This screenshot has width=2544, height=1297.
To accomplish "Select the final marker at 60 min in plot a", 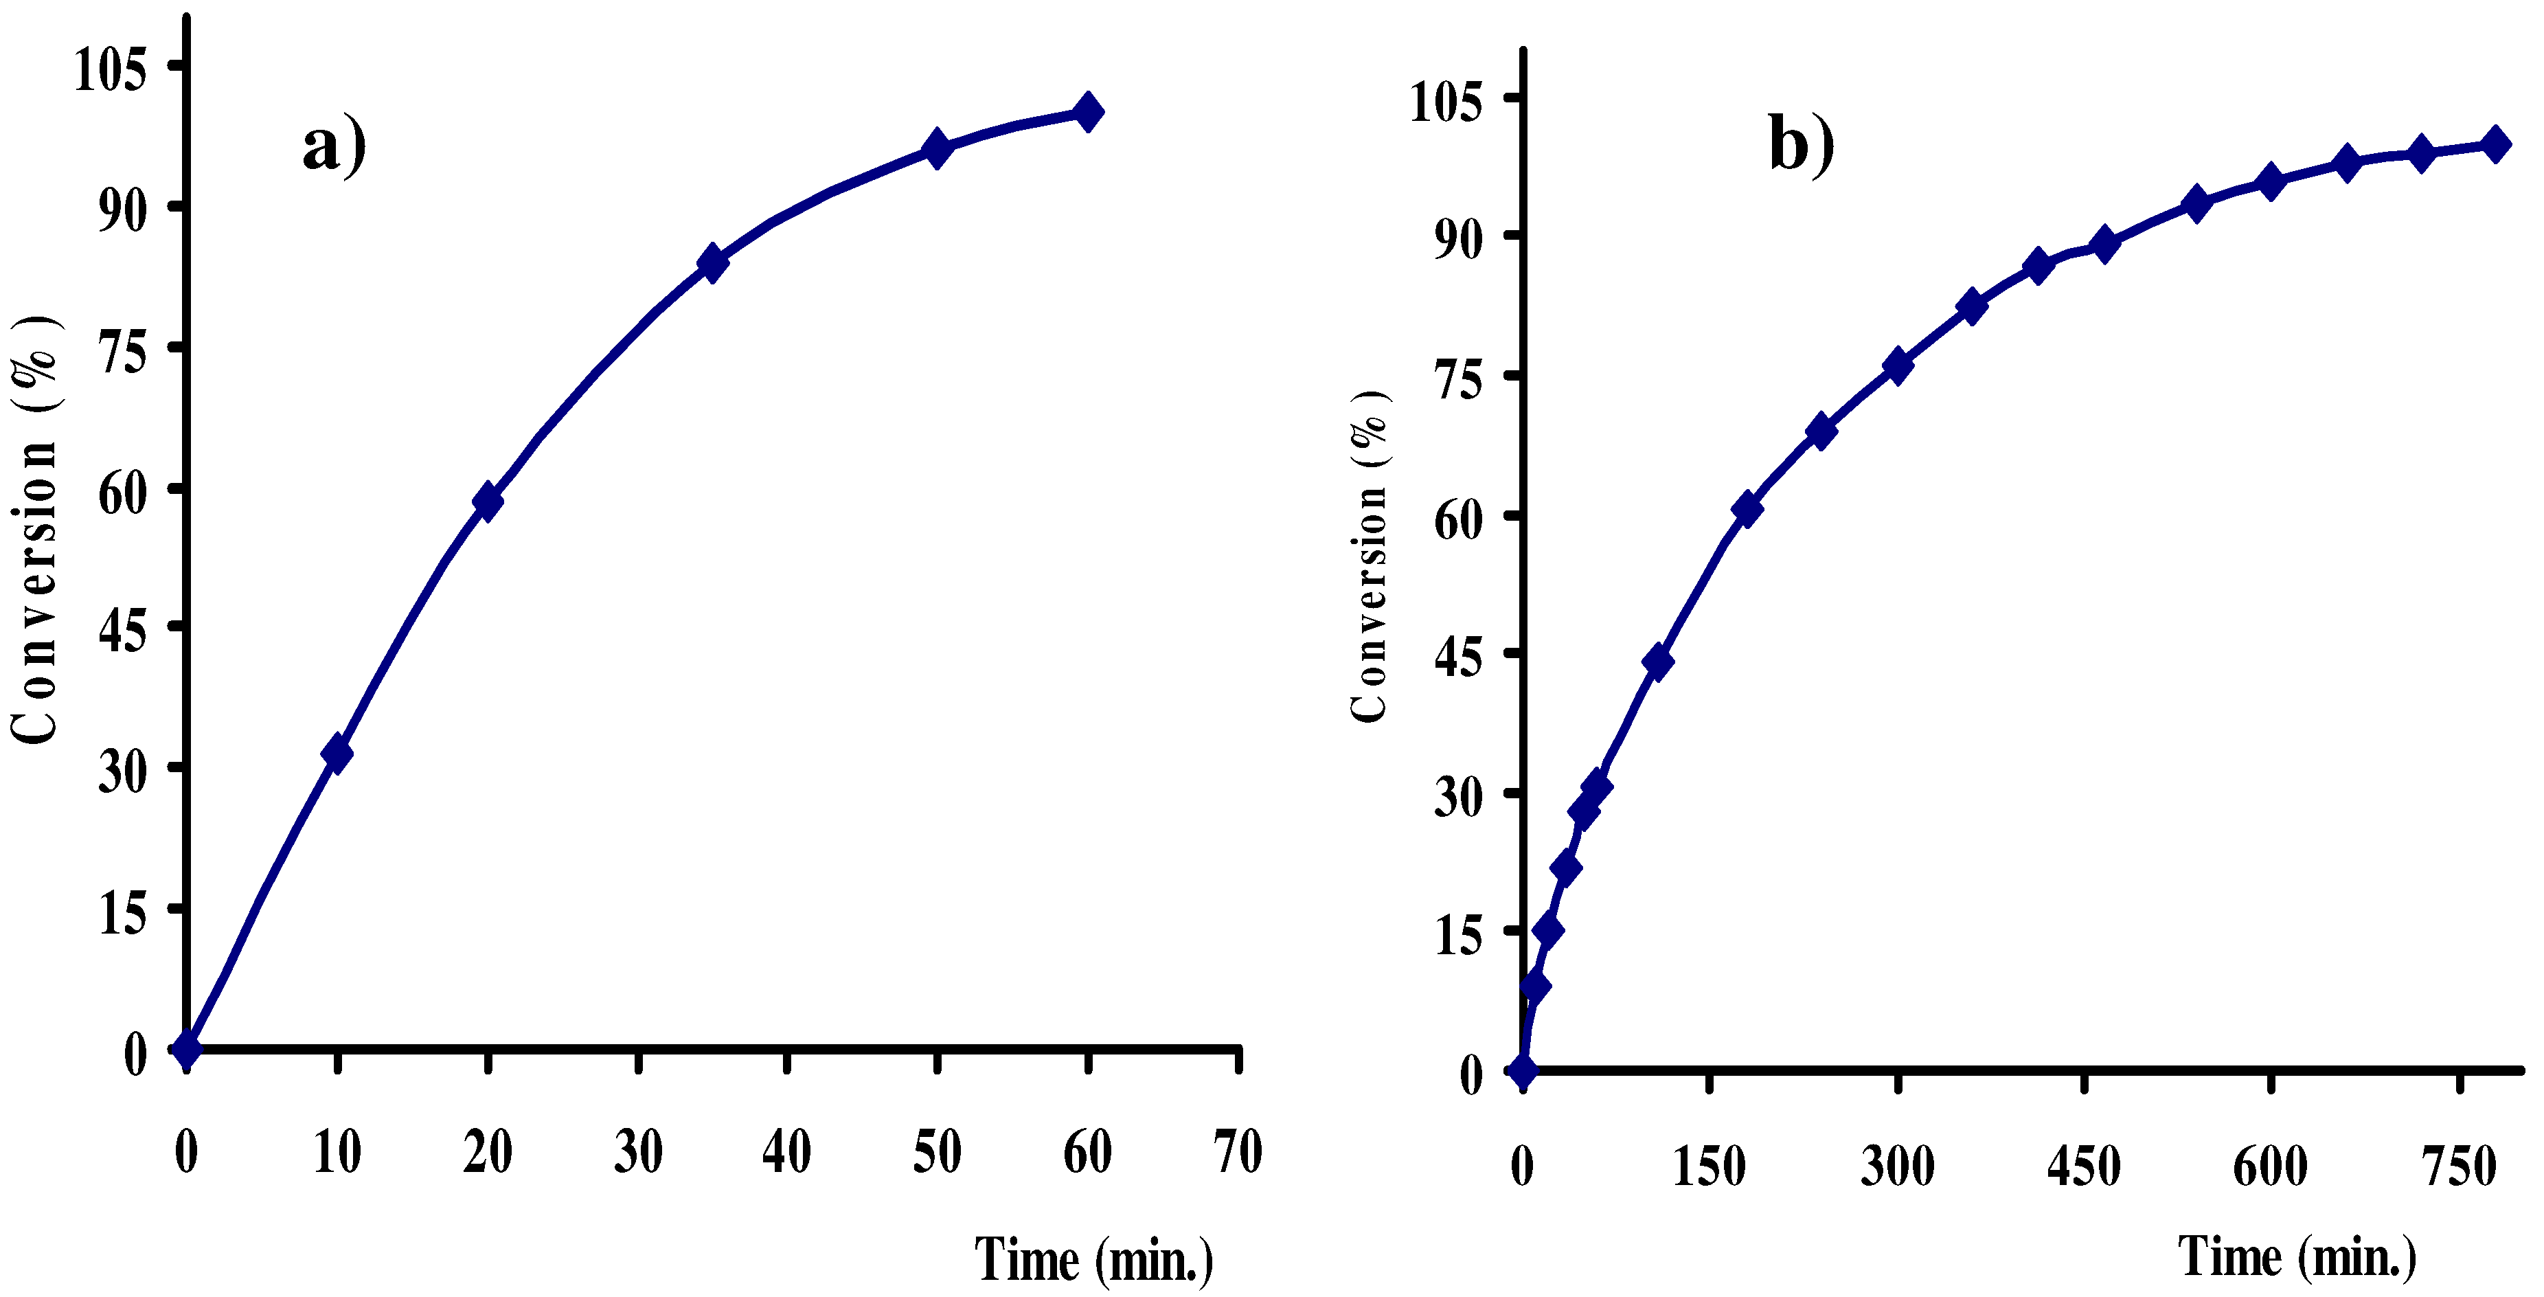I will click(1087, 111).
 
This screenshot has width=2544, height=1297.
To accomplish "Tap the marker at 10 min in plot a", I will click(337, 754).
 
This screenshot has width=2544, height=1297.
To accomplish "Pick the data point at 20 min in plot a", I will click(487, 501).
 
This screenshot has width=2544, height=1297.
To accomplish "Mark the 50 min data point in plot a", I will click(938, 148).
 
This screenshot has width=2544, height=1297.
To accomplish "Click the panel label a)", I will click(334, 147).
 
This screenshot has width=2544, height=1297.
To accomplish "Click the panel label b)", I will click(1800, 145).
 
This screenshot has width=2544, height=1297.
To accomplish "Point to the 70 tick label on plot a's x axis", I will click(1238, 1152).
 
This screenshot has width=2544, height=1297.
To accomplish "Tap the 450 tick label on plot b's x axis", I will click(2084, 1166).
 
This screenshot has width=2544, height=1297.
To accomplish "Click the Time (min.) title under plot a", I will click(1094, 1259).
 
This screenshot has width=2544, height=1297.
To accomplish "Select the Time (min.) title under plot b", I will click(2298, 1256).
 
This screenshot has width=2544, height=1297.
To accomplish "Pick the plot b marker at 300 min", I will click(1897, 365).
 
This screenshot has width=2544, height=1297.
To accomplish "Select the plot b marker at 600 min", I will click(2271, 182).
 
